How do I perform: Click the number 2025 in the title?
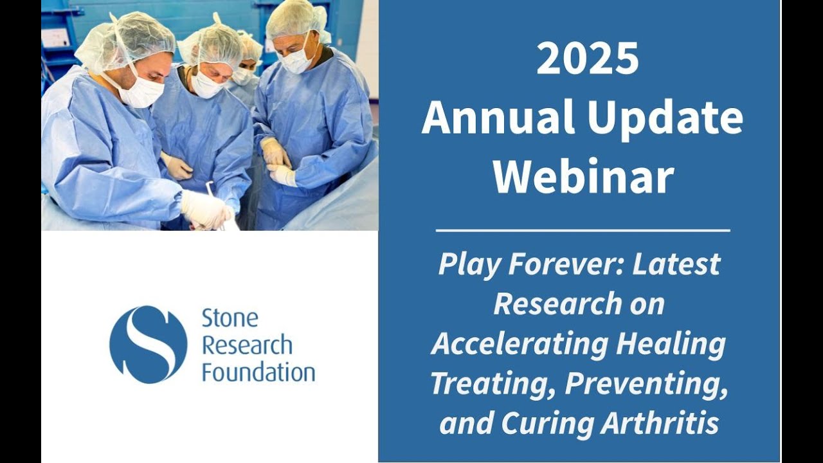[587, 59]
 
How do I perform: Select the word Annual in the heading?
[498, 116]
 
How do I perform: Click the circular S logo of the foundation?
[149, 345]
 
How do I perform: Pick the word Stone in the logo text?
[230, 318]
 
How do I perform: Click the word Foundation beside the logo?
[258, 372]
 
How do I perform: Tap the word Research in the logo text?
[248, 345]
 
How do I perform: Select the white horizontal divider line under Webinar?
[583, 231]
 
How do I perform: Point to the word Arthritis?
[660, 422]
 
